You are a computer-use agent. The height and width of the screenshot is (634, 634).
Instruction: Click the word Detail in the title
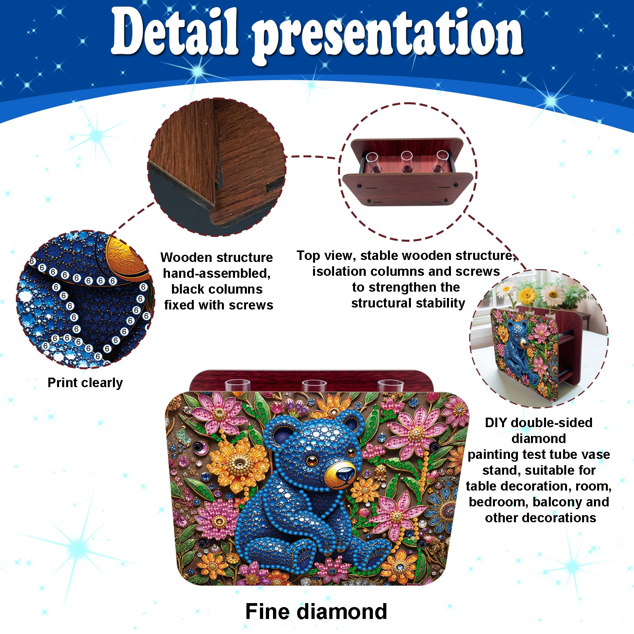(x=175, y=32)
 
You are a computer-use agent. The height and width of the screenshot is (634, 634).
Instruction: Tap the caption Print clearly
(x=85, y=383)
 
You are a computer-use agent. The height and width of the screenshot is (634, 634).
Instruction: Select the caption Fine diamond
(x=316, y=611)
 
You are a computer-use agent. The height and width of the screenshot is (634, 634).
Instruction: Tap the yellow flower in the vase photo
(x=527, y=296)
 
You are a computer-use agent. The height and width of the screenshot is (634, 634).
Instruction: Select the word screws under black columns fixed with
(x=253, y=306)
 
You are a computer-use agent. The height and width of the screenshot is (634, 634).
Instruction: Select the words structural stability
(x=408, y=304)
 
